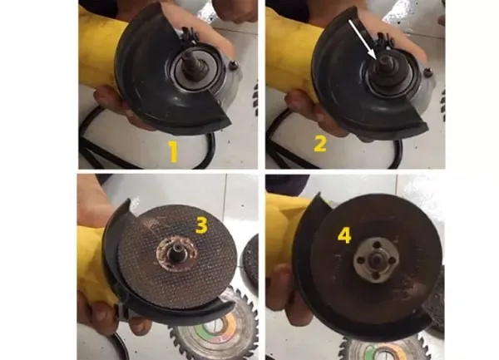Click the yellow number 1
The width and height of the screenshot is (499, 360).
pos(174,152)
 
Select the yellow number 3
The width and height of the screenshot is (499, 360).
pos(201,226)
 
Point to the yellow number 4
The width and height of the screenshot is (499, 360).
pos(344,235)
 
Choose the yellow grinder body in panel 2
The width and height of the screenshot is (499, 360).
pos(286,51)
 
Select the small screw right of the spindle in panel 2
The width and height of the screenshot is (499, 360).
pos(429,72)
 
